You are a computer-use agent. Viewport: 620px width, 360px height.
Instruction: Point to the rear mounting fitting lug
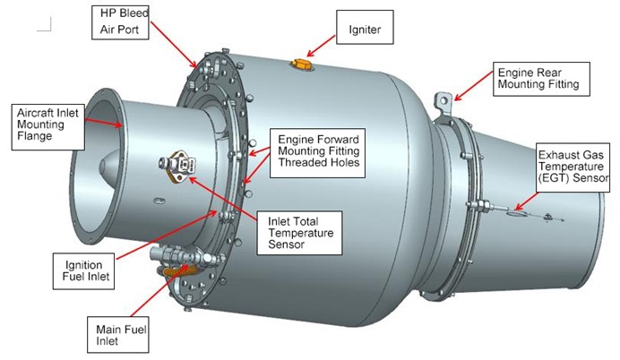click(x=443, y=101)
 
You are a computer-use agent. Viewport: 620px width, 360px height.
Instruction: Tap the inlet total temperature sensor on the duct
click(x=177, y=166)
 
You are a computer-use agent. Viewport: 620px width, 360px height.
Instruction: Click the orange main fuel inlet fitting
click(x=177, y=269)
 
